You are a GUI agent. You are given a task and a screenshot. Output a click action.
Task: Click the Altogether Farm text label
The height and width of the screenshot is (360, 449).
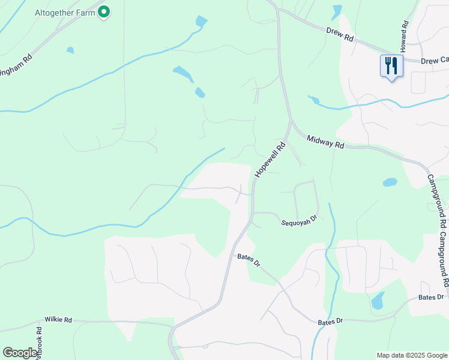point(64,13)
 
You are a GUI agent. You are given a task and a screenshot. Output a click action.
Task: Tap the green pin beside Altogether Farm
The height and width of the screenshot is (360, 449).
point(104,11)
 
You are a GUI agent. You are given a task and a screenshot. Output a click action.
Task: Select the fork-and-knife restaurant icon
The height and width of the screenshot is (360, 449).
point(391,65)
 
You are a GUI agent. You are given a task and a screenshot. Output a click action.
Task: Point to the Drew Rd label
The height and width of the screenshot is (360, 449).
point(340,34)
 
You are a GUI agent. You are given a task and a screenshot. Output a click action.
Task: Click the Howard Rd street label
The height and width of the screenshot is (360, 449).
point(405,35)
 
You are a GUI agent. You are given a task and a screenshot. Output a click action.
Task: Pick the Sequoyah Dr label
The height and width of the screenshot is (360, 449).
point(299,223)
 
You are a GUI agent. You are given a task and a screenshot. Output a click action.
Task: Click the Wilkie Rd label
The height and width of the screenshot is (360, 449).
point(58,320)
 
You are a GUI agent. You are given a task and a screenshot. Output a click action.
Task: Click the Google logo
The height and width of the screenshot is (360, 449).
point(20,353)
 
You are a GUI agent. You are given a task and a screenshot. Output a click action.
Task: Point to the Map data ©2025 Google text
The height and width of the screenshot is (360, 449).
point(411,355)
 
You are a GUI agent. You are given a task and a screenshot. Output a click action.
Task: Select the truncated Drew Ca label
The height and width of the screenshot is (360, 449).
point(435,61)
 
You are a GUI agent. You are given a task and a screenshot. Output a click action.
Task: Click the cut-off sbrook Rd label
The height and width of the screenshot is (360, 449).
point(39,340)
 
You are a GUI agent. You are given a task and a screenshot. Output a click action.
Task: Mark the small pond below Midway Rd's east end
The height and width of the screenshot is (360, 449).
point(390,182)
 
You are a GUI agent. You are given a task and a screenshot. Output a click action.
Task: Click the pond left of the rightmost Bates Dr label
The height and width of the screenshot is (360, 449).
point(378,300)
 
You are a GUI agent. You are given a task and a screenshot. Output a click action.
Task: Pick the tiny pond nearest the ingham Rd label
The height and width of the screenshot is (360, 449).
point(70,50)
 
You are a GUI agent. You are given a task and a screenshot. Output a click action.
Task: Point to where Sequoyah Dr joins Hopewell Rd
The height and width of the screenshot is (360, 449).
point(253,212)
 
